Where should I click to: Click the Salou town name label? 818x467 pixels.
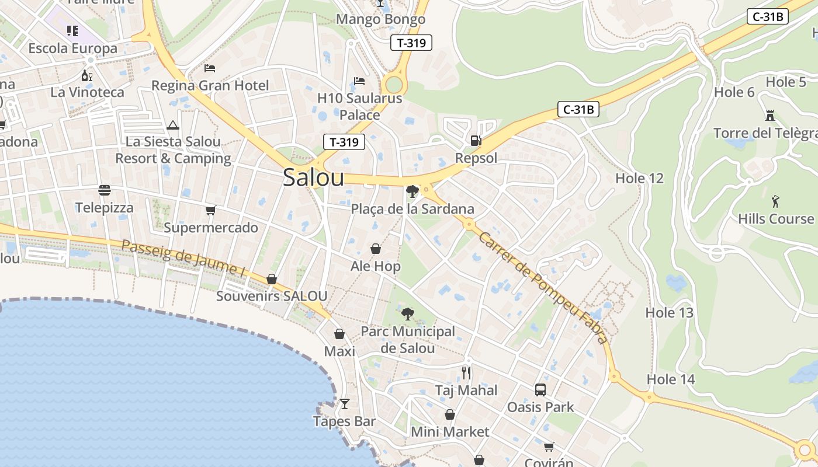click(x=313, y=177)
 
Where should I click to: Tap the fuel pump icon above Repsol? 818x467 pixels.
click(x=476, y=141)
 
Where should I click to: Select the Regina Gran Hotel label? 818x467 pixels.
click(x=210, y=85)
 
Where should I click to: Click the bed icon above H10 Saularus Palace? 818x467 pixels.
click(x=359, y=81)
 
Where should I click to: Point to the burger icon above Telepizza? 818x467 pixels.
click(x=105, y=190)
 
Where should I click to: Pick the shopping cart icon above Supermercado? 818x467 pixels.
click(x=210, y=210)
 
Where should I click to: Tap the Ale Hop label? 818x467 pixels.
click(x=375, y=266)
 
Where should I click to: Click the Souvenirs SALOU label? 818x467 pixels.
click(x=272, y=295)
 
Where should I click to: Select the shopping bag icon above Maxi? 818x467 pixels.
click(x=339, y=334)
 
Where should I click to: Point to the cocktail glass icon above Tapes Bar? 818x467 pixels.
click(x=345, y=403)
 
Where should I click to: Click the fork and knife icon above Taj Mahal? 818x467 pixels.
click(x=466, y=372)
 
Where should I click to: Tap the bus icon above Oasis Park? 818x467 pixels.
click(x=540, y=389)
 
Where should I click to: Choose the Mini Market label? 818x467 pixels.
click(x=450, y=431)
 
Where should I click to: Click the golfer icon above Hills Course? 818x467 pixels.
click(x=775, y=201)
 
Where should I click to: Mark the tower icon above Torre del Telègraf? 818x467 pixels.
click(x=770, y=116)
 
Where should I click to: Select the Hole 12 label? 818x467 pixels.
click(x=639, y=178)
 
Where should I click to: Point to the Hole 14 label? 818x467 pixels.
click(x=670, y=379)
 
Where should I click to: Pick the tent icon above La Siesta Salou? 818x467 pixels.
click(x=172, y=125)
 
